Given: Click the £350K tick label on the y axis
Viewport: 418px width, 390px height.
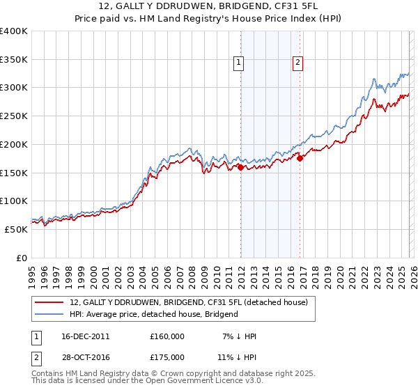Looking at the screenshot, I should tap(14, 60).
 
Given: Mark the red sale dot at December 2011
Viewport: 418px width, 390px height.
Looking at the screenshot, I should tap(240, 167).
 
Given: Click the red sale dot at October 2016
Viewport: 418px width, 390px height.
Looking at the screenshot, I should tap(300, 159).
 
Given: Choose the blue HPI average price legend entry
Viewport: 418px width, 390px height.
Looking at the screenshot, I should tap(154, 314).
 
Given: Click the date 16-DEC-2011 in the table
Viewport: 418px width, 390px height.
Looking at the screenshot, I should tap(86, 336).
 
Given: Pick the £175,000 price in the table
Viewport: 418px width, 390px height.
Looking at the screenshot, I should tap(167, 357).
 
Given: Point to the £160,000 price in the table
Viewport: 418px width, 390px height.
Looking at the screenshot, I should tap(167, 336).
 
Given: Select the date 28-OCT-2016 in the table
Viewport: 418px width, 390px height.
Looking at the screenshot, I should tap(86, 357).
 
